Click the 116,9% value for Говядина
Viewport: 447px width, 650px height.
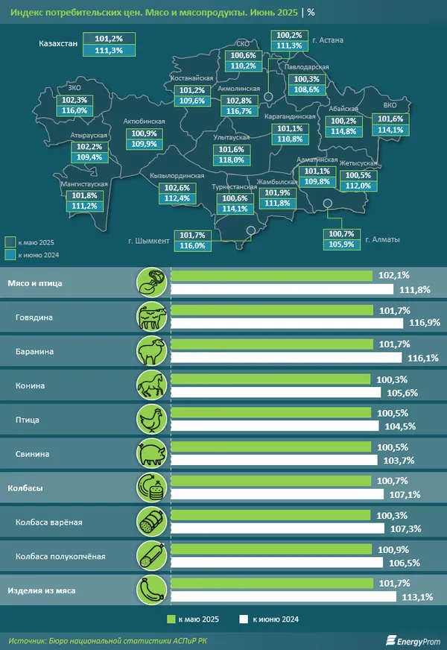(x=421, y=323)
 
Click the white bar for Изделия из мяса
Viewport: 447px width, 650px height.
(x=284, y=597)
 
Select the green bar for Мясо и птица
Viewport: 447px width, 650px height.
(x=272, y=276)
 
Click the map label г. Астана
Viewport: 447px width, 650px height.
(x=327, y=41)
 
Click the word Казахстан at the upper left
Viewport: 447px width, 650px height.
(x=57, y=44)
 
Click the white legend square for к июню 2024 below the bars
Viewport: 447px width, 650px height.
(x=243, y=619)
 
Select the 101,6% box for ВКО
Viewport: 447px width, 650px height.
(x=390, y=119)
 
